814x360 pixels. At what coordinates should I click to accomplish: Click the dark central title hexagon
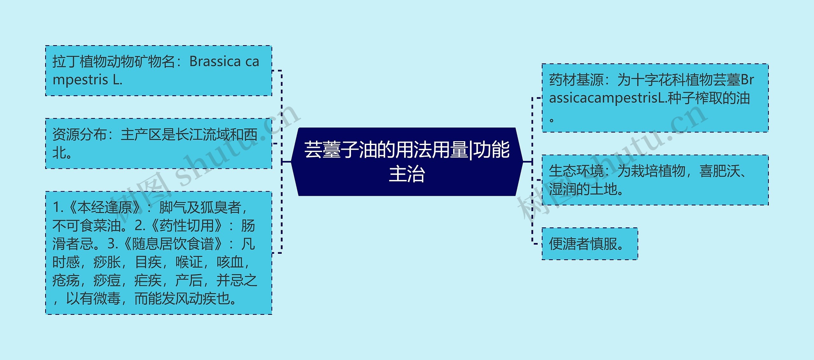point(407,162)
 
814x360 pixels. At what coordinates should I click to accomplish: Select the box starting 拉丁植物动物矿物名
point(159,71)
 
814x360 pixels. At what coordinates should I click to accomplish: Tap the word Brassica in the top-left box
point(215,61)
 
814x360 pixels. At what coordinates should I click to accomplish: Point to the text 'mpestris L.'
point(87,80)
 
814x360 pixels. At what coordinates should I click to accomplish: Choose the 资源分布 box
point(159,143)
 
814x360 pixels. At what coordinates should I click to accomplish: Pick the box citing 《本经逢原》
point(159,253)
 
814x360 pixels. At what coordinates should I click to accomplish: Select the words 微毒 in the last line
point(107,299)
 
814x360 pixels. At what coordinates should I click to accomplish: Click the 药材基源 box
point(655,98)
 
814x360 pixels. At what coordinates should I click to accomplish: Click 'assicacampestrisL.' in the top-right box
point(608,98)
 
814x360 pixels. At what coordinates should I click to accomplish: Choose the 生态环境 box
point(655,180)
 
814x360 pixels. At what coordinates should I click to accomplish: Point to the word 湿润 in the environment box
point(562,189)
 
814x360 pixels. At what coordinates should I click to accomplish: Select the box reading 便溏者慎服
point(590,244)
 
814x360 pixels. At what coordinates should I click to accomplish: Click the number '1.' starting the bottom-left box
point(59,207)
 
